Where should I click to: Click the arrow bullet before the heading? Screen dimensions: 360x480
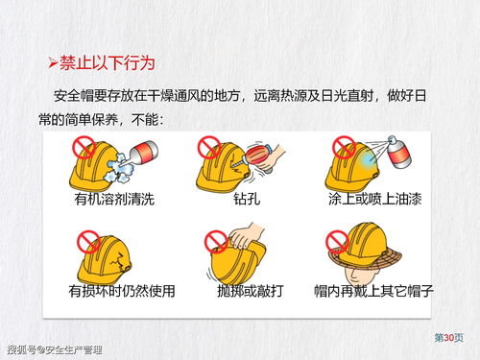[54, 64]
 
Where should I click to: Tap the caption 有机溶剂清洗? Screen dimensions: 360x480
[112, 200]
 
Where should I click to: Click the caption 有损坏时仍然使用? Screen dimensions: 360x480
[121, 289]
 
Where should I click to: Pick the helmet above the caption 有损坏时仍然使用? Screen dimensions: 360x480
[109, 254]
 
